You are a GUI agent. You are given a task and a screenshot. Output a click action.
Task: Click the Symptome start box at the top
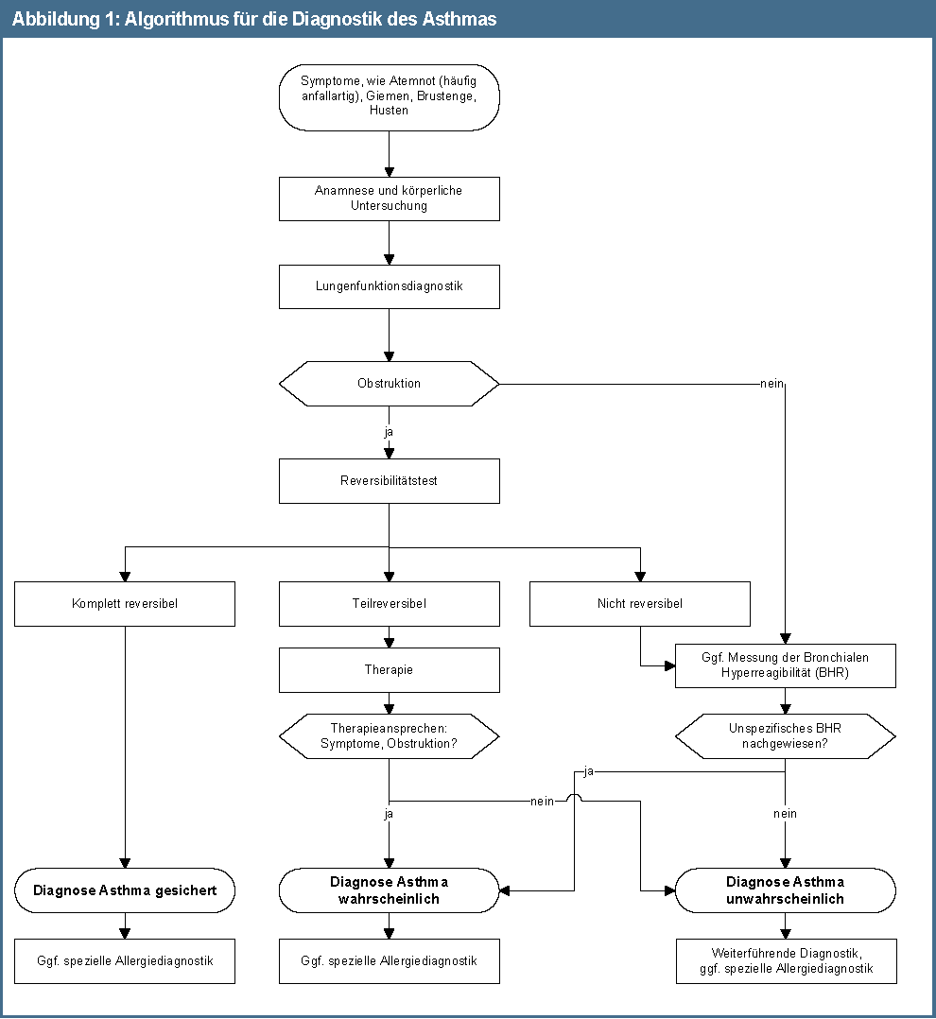(x=389, y=96)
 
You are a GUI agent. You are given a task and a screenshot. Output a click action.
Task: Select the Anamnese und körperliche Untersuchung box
(x=389, y=198)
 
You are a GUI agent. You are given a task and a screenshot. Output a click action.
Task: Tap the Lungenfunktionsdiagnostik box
(x=389, y=285)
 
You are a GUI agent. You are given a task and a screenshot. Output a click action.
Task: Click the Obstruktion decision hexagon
(x=389, y=384)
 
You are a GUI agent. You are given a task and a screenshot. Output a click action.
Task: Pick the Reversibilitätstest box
(x=389, y=480)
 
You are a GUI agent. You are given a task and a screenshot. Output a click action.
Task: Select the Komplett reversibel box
(x=124, y=603)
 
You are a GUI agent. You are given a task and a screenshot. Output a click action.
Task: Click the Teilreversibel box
(x=389, y=603)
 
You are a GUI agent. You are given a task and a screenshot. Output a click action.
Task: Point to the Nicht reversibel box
(x=640, y=603)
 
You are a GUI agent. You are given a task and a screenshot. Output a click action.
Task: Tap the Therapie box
(x=389, y=669)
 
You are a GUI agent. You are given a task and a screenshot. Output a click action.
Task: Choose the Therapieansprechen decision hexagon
(x=389, y=736)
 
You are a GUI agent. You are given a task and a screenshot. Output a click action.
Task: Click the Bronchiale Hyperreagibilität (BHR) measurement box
(x=785, y=665)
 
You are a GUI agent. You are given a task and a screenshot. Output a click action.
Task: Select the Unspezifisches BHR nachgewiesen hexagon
(x=785, y=736)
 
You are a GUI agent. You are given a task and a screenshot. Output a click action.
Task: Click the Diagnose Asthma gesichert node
(x=124, y=890)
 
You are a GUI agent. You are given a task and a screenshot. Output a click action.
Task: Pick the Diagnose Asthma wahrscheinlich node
(x=389, y=890)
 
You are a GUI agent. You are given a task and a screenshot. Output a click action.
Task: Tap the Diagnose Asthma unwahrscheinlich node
(x=785, y=890)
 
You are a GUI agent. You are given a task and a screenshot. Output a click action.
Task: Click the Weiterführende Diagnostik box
(x=785, y=960)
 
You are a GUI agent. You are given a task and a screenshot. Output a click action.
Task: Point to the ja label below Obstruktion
(x=389, y=432)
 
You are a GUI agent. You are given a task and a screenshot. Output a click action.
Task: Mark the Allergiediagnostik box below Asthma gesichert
(x=124, y=960)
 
